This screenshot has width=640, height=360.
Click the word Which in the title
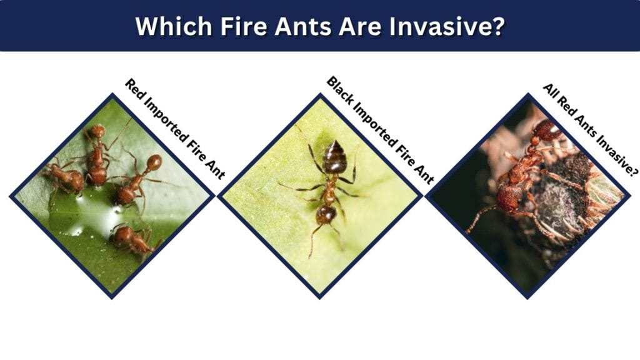[x=174, y=26]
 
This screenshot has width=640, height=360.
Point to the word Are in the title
[x=361, y=26]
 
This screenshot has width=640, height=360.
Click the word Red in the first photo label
[x=133, y=87]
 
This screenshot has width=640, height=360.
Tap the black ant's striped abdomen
[x=334, y=157]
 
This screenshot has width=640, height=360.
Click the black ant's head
[x=326, y=214]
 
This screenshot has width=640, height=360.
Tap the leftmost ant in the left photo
[x=65, y=178]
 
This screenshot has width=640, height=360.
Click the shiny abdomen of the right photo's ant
[x=547, y=131]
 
